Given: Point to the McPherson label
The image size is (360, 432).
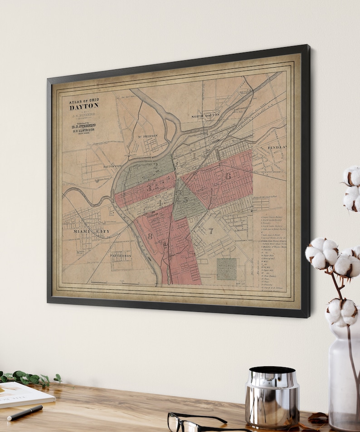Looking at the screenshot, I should click(x=147, y=136).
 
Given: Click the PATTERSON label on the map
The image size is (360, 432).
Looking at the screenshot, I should click(x=120, y=256).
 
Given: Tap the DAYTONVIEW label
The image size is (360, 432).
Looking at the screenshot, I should click(x=113, y=166).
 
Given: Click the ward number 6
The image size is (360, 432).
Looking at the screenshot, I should click(x=228, y=176).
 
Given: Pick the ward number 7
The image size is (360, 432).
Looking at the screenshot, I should click(x=210, y=231).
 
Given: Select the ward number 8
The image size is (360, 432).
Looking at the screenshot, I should click(x=150, y=236).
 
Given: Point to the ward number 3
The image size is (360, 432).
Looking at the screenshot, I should click(x=148, y=187).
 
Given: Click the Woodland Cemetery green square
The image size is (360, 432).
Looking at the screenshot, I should click(x=226, y=269).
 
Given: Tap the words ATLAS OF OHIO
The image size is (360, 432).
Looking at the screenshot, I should click(x=83, y=100).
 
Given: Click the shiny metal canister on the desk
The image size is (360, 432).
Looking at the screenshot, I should click(x=272, y=396).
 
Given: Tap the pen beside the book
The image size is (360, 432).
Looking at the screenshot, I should click(x=25, y=413).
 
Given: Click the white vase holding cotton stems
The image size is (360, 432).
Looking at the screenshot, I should click(x=344, y=376).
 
